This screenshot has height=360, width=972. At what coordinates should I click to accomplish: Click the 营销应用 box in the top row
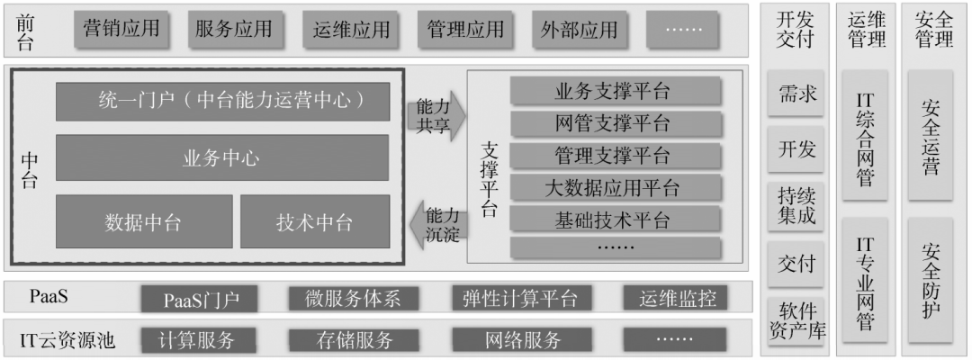tap(121, 29)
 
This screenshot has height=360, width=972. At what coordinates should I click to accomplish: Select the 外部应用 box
tap(580, 29)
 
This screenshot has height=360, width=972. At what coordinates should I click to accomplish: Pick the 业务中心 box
tap(222, 158)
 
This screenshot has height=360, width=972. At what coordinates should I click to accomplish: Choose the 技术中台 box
tap(314, 221)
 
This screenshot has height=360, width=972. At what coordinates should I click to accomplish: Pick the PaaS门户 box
tap(199, 298)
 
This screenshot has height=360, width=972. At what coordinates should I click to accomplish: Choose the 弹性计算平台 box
tap(515, 298)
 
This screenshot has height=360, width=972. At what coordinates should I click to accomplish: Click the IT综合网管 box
tap(865, 137)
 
